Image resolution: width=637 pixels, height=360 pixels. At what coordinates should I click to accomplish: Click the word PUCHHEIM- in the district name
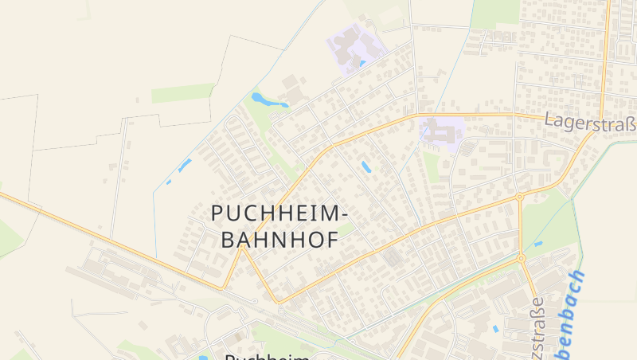click(279, 213)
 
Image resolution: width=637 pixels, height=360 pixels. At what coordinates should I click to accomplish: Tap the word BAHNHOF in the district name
click(278, 240)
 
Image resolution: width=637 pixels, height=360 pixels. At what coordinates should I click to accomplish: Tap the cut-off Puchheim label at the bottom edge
click(267, 356)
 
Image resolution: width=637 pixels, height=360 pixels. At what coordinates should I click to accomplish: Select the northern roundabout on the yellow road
click(519, 195)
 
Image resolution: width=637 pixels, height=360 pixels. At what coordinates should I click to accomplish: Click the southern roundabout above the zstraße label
click(521, 258)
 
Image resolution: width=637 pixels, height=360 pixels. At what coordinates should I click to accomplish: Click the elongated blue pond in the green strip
click(268, 101)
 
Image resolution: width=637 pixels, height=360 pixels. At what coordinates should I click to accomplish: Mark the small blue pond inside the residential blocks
click(366, 166)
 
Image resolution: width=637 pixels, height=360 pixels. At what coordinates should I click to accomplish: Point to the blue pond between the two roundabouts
click(538, 243)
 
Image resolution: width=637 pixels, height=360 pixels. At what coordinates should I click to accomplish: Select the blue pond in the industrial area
click(496, 328)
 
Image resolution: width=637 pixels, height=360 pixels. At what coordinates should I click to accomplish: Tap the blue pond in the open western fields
click(185, 166)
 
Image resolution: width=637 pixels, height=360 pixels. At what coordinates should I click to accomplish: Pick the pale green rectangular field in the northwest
click(182, 93)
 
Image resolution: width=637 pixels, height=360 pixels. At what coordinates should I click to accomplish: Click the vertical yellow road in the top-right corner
click(605, 56)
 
